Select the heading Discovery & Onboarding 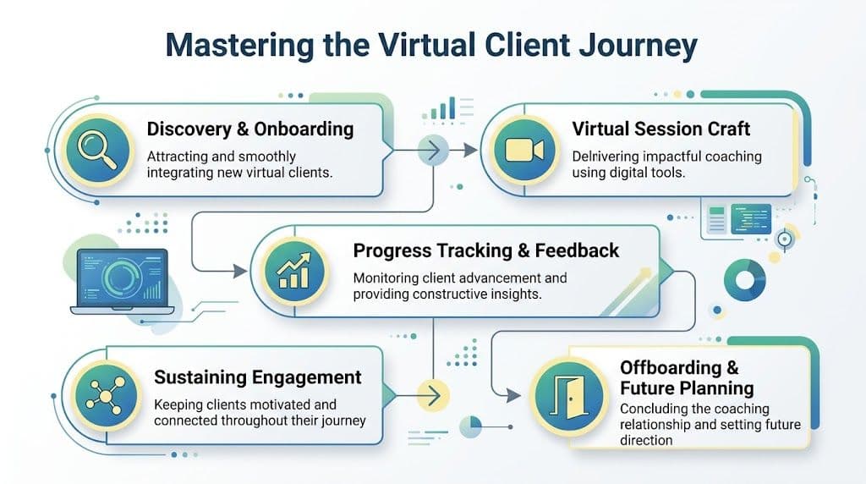(x=250, y=129)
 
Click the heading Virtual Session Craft (x=661, y=129)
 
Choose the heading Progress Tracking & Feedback (x=485, y=250)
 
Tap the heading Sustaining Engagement (x=258, y=377)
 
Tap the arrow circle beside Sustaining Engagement (x=433, y=394)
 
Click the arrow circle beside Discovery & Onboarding (x=433, y=152)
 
